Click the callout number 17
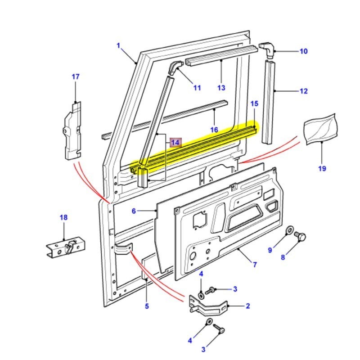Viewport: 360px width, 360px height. coord(75,76)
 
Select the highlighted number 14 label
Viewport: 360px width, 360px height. coord(175,143)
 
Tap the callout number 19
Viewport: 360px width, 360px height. coord(322,169)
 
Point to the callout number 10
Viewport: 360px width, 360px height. coord(303,51)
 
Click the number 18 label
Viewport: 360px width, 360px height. coord(63,218)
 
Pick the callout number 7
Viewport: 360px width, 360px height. coord(255,265)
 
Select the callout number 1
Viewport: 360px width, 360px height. coord(119,45)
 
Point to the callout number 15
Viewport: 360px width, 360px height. coord(254,104)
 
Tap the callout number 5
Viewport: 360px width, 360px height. coord(147,306)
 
